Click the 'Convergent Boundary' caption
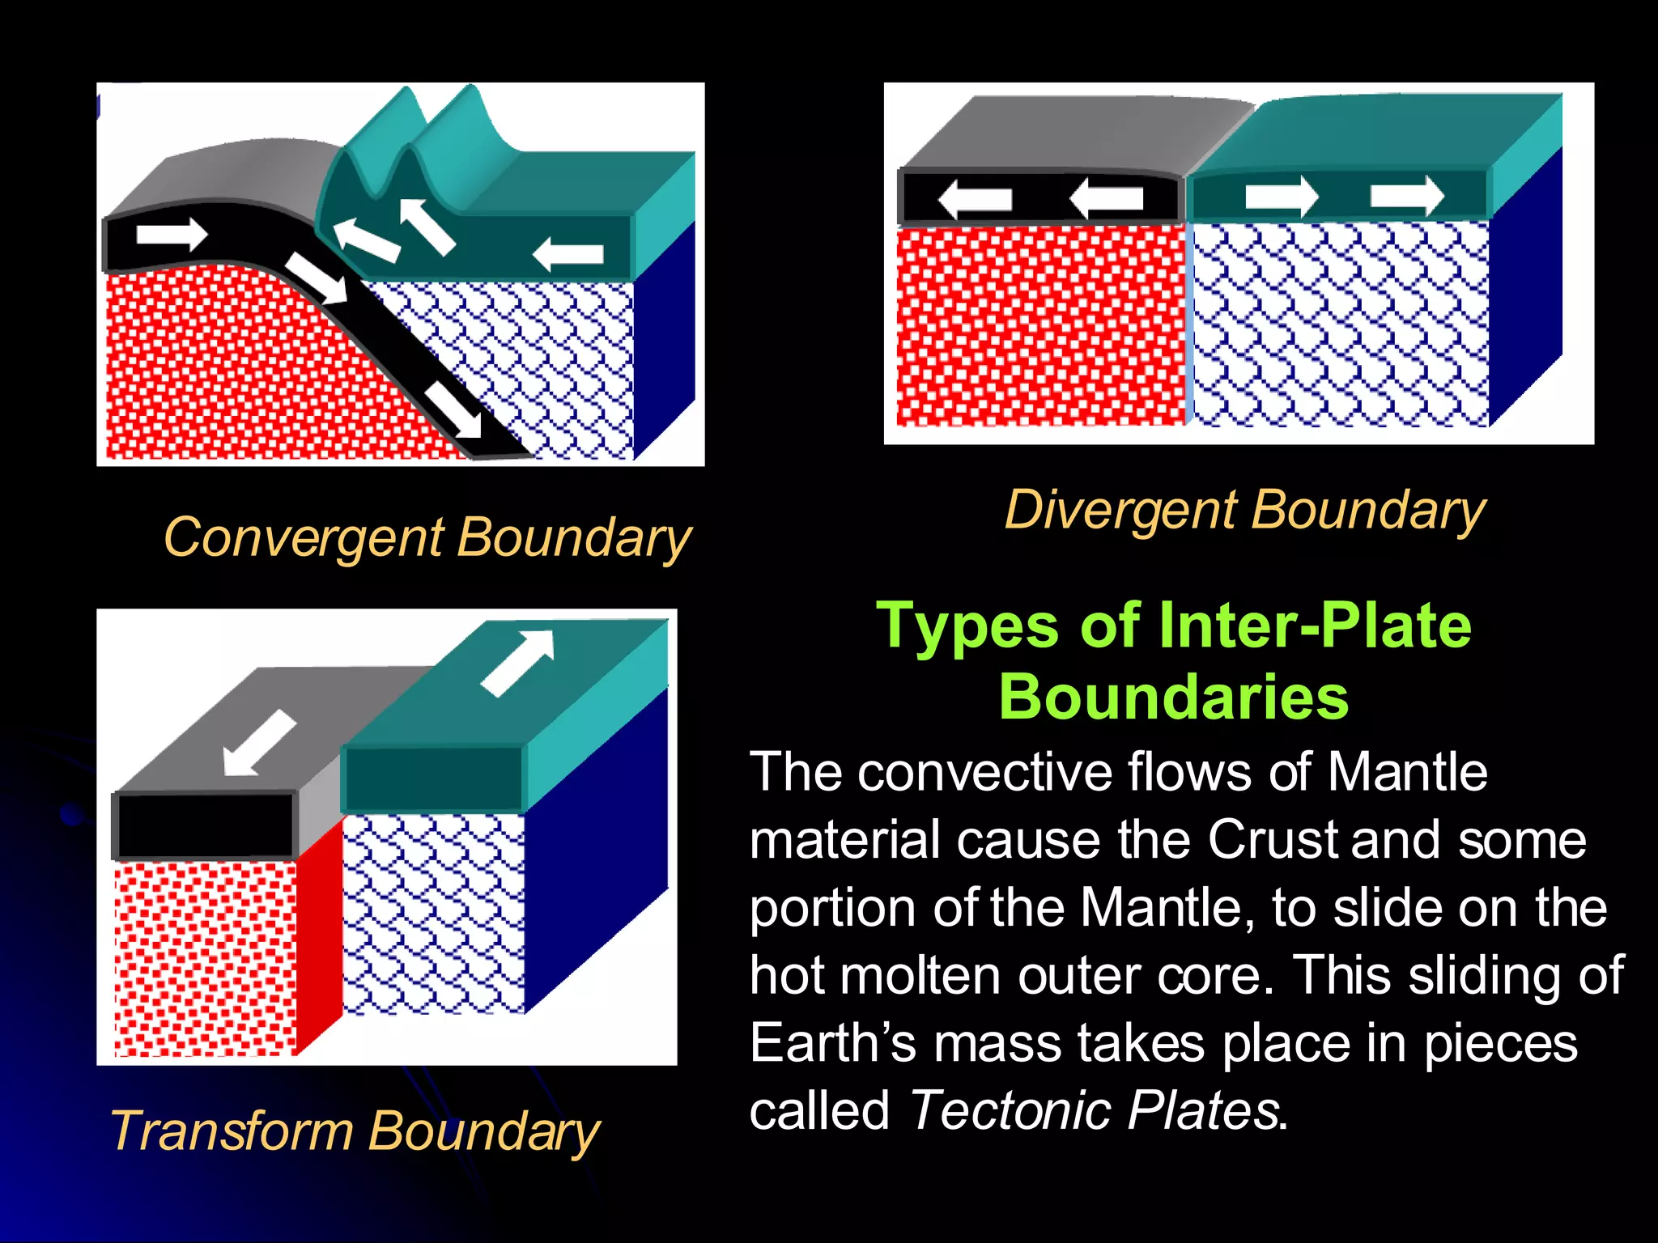(427, 537)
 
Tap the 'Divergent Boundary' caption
(1245, 511)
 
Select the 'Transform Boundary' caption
(355, 1131)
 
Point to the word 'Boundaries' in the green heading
(1173, 697)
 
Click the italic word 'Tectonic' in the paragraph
(1011, 1109)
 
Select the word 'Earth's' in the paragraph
(832, 1042)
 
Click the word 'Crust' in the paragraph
(1275, 839)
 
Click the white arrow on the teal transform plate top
(518, 661)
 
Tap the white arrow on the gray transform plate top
(258, 743)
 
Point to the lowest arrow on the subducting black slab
(454, 410)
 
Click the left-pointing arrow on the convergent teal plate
(568, 254)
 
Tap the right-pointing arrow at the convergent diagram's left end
(172, 234)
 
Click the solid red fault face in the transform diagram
(319, 939)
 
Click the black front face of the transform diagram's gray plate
(205, 824)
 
